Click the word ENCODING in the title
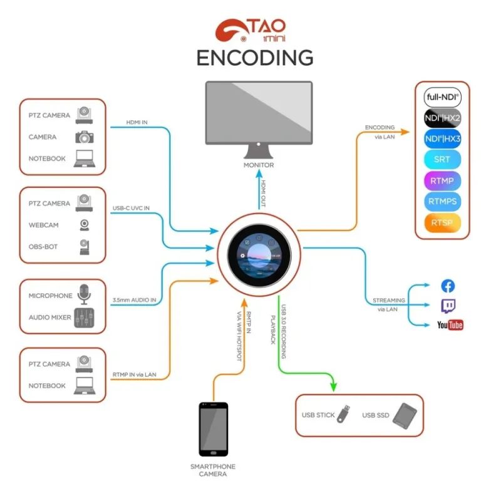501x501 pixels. pos(255,58)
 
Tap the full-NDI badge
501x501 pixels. pos(443,98)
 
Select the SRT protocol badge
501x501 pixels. pos(443,159)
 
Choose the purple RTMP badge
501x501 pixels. pos(443,181)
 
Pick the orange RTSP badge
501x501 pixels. pos(443,222)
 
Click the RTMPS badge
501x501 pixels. pos(443,202)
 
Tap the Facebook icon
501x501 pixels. pos(448,286)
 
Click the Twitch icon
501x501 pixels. pos(448,306)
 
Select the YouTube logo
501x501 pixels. pos(450,324)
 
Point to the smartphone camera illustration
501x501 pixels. pos(214,429)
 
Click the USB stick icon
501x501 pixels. pos(343,414)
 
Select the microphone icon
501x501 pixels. pos(83,294)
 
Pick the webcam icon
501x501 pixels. pos(83,225)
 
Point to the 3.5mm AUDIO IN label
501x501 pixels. pos(135,301)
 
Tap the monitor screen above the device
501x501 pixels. pos(259,112)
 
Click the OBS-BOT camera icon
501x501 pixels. pos(84,247)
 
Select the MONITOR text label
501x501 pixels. pos(259,165)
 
